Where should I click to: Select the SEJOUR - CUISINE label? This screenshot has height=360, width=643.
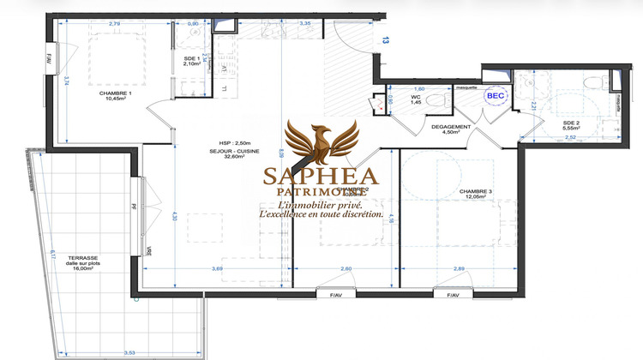238,151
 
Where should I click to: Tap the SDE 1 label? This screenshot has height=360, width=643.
192,58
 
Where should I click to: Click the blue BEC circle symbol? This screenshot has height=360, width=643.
496,96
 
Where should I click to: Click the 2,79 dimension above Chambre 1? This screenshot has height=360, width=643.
116,23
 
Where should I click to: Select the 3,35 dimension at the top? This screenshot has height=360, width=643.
303,23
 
